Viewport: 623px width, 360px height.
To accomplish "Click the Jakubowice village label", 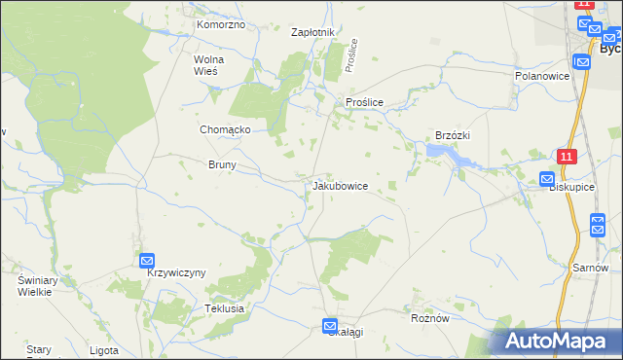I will click(340, 185).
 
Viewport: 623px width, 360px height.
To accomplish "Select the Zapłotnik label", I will click(313, 32).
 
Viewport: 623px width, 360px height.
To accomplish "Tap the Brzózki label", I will click(453, 135).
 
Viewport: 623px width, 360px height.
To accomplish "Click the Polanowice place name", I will click(540, 75).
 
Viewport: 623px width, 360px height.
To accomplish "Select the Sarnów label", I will click(591, 268).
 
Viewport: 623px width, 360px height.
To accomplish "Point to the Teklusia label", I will click(224, 307).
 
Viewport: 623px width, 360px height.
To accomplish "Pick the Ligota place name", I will click(103, 350).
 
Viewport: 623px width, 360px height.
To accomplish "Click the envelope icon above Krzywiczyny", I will click(147, 260).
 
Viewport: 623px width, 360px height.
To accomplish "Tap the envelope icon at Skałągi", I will click(330, 327).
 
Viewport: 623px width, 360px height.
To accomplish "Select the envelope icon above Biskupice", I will click(547, 179).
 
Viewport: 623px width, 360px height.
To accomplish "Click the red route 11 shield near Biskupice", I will click(568, 156).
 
